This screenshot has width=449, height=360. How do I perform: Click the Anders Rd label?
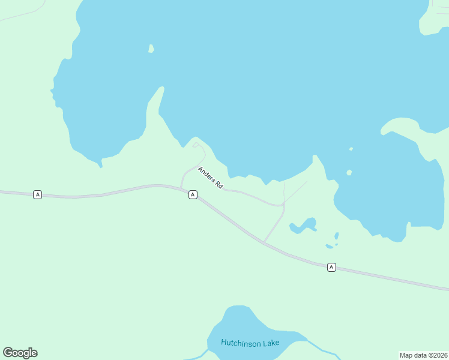tap(211, 178)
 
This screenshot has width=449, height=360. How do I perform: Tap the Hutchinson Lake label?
tap(250, 343)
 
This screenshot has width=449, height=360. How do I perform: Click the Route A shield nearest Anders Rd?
tap(193, 194)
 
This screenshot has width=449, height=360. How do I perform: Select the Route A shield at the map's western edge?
tap(38, 194)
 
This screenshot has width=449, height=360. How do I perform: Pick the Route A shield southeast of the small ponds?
tap(331, 266)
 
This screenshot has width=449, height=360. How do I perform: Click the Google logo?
tap(20, 353)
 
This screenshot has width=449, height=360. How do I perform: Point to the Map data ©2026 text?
tap(423, 355)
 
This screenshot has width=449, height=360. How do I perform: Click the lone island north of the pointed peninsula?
tap(151, 49)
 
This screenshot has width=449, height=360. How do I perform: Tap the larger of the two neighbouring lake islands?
tap(349, 173)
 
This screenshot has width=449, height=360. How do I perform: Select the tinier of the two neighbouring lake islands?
tap(351, 149)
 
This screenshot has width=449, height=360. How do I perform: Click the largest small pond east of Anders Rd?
tap(303, 226)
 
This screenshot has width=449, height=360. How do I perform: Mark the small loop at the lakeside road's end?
tap(196, 145)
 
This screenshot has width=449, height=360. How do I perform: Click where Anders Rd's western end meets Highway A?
tap(181, 187)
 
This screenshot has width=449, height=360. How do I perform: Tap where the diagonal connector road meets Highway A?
tap(264, 242)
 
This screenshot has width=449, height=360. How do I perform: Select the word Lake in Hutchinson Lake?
tap(270, 343)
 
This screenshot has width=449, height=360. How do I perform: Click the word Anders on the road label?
tap(206, 173)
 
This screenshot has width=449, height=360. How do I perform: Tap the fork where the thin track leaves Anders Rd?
tap(284, 203)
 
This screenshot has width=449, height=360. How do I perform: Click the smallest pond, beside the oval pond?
tap(336, 244)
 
